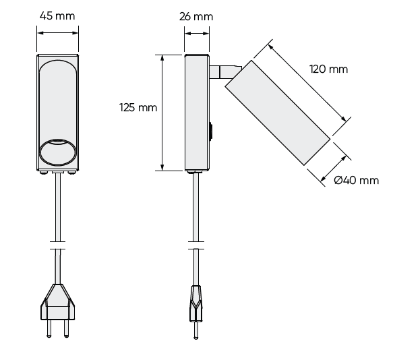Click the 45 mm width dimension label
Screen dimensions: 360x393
pos(57,16)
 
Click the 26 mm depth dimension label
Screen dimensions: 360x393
pos(197,16)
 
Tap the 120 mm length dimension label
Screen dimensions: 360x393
pos(328,69)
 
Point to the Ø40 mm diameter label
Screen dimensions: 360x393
pos(356,180)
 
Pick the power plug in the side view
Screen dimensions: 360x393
pos(196,303)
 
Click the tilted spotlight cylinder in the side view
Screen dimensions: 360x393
pos(277,111)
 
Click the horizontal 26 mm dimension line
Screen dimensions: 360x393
pos(197,28)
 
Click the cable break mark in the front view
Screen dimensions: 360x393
pos(57,245)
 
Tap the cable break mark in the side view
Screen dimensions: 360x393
pos(196,245)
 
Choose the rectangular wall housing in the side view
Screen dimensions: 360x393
pos(197,113)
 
